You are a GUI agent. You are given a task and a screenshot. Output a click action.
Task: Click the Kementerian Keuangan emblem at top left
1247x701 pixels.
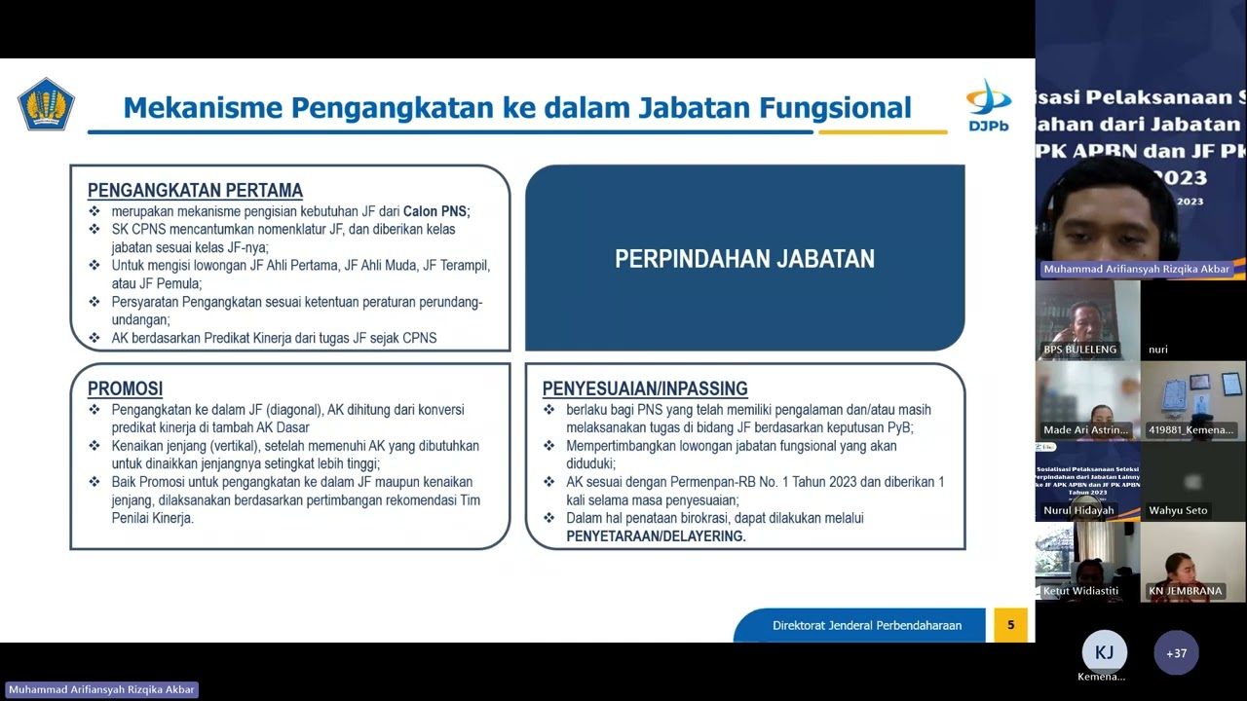46,104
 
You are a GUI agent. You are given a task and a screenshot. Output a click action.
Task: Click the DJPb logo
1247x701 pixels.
988,105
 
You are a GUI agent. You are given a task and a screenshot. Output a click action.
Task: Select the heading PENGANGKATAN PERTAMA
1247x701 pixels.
195,191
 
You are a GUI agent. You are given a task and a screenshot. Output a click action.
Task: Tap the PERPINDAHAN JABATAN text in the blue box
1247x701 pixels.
744,259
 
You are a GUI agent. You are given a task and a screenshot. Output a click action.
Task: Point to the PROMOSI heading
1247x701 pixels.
125,389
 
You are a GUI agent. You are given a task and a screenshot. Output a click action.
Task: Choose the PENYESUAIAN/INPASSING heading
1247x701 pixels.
645,389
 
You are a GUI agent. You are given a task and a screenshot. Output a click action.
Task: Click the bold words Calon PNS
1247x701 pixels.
435,211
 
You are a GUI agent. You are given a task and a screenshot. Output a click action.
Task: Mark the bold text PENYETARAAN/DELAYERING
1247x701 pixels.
655,536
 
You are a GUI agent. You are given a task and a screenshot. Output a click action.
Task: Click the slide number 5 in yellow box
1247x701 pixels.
1010,625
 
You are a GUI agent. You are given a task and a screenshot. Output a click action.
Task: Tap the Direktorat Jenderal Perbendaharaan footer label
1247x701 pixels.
866,626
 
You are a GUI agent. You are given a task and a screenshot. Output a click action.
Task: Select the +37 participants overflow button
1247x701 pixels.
1176,653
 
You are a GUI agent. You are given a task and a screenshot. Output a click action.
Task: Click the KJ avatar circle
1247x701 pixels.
1104,652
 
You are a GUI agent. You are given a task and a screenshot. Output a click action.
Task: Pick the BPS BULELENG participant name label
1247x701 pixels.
1079,350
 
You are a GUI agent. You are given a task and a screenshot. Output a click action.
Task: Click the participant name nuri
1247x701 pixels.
1157,350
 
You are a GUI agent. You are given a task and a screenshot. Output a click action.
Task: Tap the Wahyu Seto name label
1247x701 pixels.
1177,510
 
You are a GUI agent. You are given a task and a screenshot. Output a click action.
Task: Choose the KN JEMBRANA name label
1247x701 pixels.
1184,591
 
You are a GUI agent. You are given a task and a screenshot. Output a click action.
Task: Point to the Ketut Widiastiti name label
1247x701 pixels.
1080,591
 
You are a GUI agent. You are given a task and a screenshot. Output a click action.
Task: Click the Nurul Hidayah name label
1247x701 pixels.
1078,510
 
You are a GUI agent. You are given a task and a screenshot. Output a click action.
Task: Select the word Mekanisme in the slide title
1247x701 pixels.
202,107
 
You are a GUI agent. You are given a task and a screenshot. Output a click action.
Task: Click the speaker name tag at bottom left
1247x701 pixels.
101,689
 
